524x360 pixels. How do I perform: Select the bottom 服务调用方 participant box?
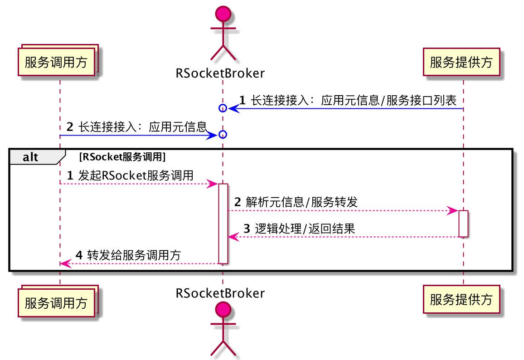coord(56,302)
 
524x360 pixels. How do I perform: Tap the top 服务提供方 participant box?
coord(461,62)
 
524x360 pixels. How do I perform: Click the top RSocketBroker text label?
coord(220,73)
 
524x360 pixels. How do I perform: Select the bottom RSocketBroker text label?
coord(220,293)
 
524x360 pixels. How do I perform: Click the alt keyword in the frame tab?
coord(31,157)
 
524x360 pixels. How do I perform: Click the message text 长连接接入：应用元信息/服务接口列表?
coord(354,101)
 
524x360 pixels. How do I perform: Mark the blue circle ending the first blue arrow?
coord(223,108)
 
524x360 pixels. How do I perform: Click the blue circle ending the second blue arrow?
coord(223,135)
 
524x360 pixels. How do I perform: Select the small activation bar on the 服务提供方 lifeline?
coord(463,224)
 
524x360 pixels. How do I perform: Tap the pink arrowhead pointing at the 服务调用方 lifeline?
coord(65,263)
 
